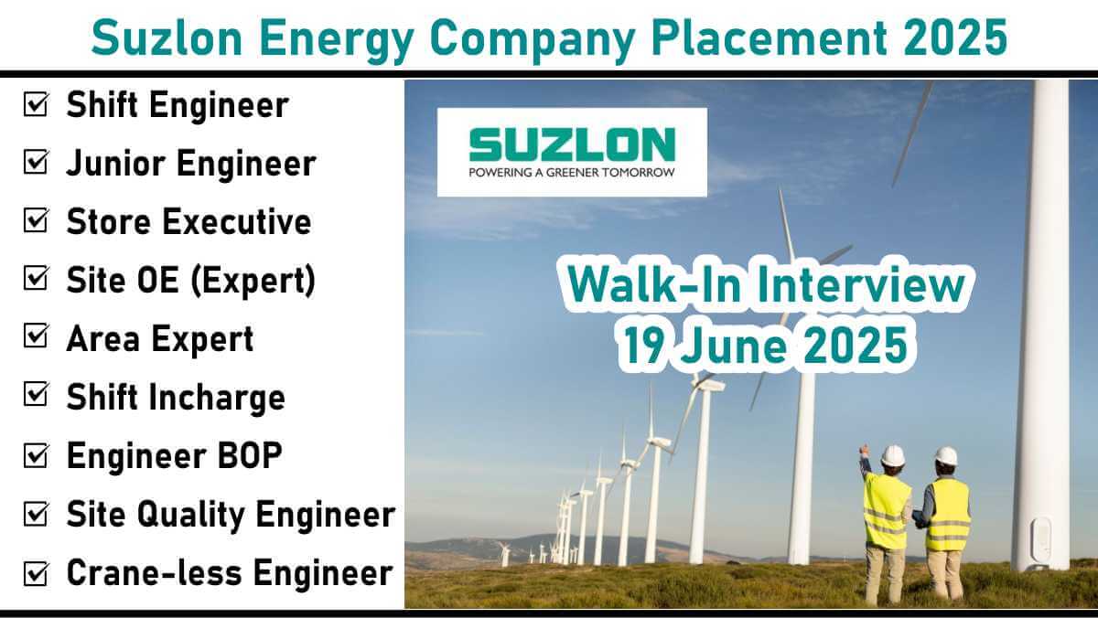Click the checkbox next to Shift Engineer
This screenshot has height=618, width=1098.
point(36,104)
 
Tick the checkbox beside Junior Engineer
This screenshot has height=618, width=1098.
point(36,162)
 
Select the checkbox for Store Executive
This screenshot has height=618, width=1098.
point(36,220)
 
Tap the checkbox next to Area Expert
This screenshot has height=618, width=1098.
point(36,336)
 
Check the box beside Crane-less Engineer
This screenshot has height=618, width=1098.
point(36,573)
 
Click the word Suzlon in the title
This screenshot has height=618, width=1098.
point(167,37)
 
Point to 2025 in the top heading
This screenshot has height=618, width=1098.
point(956,37)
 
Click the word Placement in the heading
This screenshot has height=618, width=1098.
point(769,37)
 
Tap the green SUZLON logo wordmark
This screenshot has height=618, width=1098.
point(572,144)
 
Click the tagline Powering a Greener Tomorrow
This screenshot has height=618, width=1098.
point(572,173)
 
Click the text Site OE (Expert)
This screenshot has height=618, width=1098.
point(191,281)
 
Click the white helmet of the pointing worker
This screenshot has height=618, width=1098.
point(893,456)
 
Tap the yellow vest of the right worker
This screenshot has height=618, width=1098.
point(948,514)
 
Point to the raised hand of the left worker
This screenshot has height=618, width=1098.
point(864,451)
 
